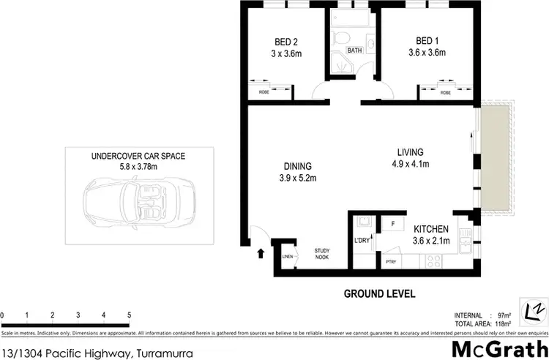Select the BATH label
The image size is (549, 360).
[354, 50]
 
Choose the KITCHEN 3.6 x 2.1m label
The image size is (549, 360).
[430, 234]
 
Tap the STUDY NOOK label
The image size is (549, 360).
[322, 253]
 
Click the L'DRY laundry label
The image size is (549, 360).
[362, 241]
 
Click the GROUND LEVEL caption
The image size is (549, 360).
[379, 293]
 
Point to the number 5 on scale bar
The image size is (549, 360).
[130, 316]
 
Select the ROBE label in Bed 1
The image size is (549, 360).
[445, 93]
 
